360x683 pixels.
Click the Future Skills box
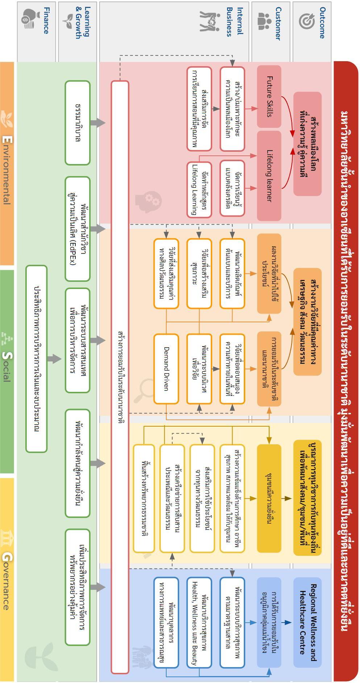pos(269,96)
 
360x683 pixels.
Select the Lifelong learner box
pos(269,176)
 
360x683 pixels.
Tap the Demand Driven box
pos(166,369)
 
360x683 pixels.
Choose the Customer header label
pos(278,23)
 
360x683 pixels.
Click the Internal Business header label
pos(234,22)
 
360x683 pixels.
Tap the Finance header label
pos(46,20)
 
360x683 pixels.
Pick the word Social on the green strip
pos(7,366)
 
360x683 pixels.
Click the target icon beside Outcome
pos(307,21)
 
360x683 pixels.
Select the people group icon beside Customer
pos(264,21)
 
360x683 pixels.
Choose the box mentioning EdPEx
pos(78,229)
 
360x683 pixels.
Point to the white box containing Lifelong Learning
pos(199,189)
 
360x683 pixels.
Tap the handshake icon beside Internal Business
pos(210,21)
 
